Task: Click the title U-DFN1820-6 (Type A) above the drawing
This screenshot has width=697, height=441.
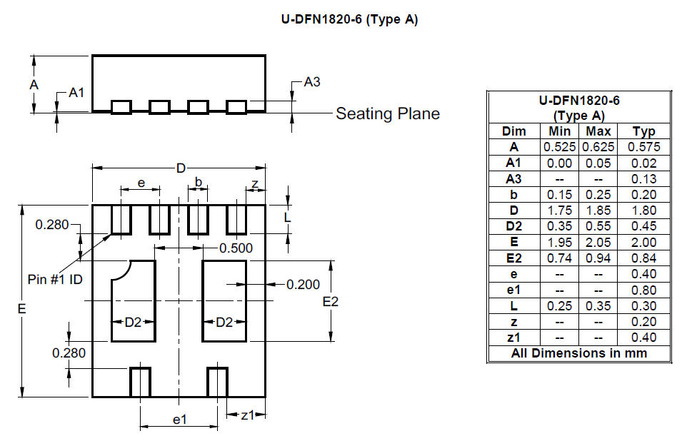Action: (349, 19)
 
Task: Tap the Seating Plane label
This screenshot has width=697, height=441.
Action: (388, 113)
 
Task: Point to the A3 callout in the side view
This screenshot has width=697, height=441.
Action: (312, 82)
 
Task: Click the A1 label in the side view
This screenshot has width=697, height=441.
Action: (76, 92)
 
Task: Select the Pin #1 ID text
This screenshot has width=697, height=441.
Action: (55, 279)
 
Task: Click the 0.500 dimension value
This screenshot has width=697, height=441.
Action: (236, 248)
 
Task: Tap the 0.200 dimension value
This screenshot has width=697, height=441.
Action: (304, 284)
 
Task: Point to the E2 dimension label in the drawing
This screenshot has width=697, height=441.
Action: (330, 302)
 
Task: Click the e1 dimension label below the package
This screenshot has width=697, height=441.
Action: (179, 420)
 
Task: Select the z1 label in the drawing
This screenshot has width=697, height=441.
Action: (248, 415)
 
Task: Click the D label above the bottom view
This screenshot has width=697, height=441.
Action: (181, 168)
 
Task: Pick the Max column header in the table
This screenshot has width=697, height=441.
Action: (598, 131)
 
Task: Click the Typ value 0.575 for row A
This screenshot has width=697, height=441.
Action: (643, 146)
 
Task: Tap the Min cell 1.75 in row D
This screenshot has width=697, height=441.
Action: (559, 211)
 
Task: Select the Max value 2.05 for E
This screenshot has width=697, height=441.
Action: (598, 243)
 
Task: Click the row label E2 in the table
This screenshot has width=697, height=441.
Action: (514, 258)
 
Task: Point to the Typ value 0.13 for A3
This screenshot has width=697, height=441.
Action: (643, 178)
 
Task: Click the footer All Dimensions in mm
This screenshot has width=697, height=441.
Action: (579, 353)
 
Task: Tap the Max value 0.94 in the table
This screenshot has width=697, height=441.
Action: (598, 258)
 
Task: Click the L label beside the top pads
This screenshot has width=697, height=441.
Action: (288, 217)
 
